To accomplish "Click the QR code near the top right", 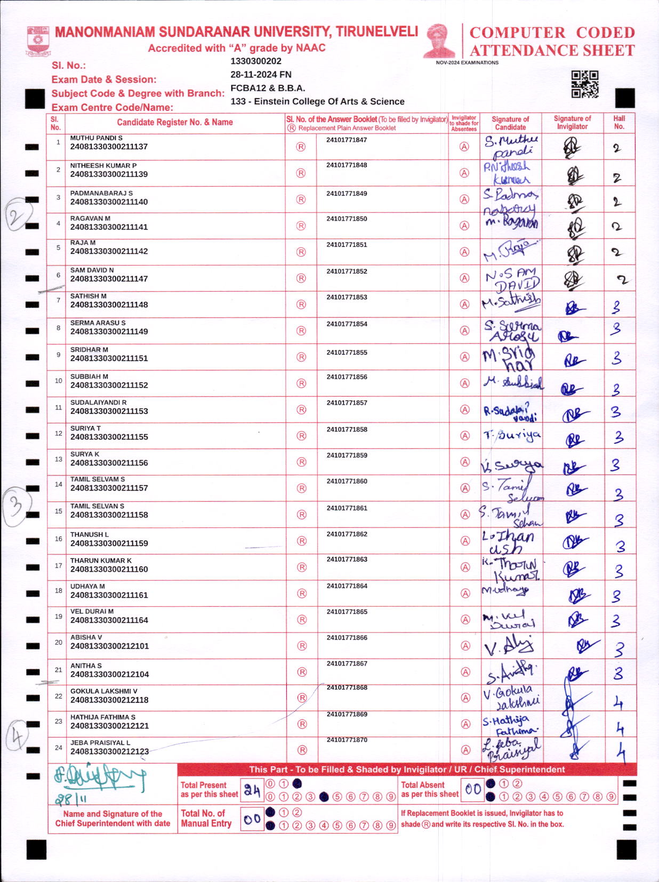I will [585, 84].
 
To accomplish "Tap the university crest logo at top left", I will [38, 41].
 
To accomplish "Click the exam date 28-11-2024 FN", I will [261, 75].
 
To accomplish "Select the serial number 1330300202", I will [256, 61].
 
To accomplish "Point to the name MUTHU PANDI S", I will [97, 138].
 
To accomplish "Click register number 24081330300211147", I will [109, 279].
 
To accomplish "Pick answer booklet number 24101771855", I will [347, 352].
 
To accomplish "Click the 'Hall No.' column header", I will [619, 123].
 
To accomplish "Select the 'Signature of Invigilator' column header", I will [572, 123].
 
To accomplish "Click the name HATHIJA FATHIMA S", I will [103, 717].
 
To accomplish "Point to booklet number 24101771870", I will [347, 740].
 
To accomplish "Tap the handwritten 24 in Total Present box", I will [252, 790].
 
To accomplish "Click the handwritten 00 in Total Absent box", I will [472, 790].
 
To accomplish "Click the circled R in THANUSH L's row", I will [302, 541].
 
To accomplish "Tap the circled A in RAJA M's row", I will [464, 252].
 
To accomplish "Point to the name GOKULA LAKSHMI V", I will [104, 691].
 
